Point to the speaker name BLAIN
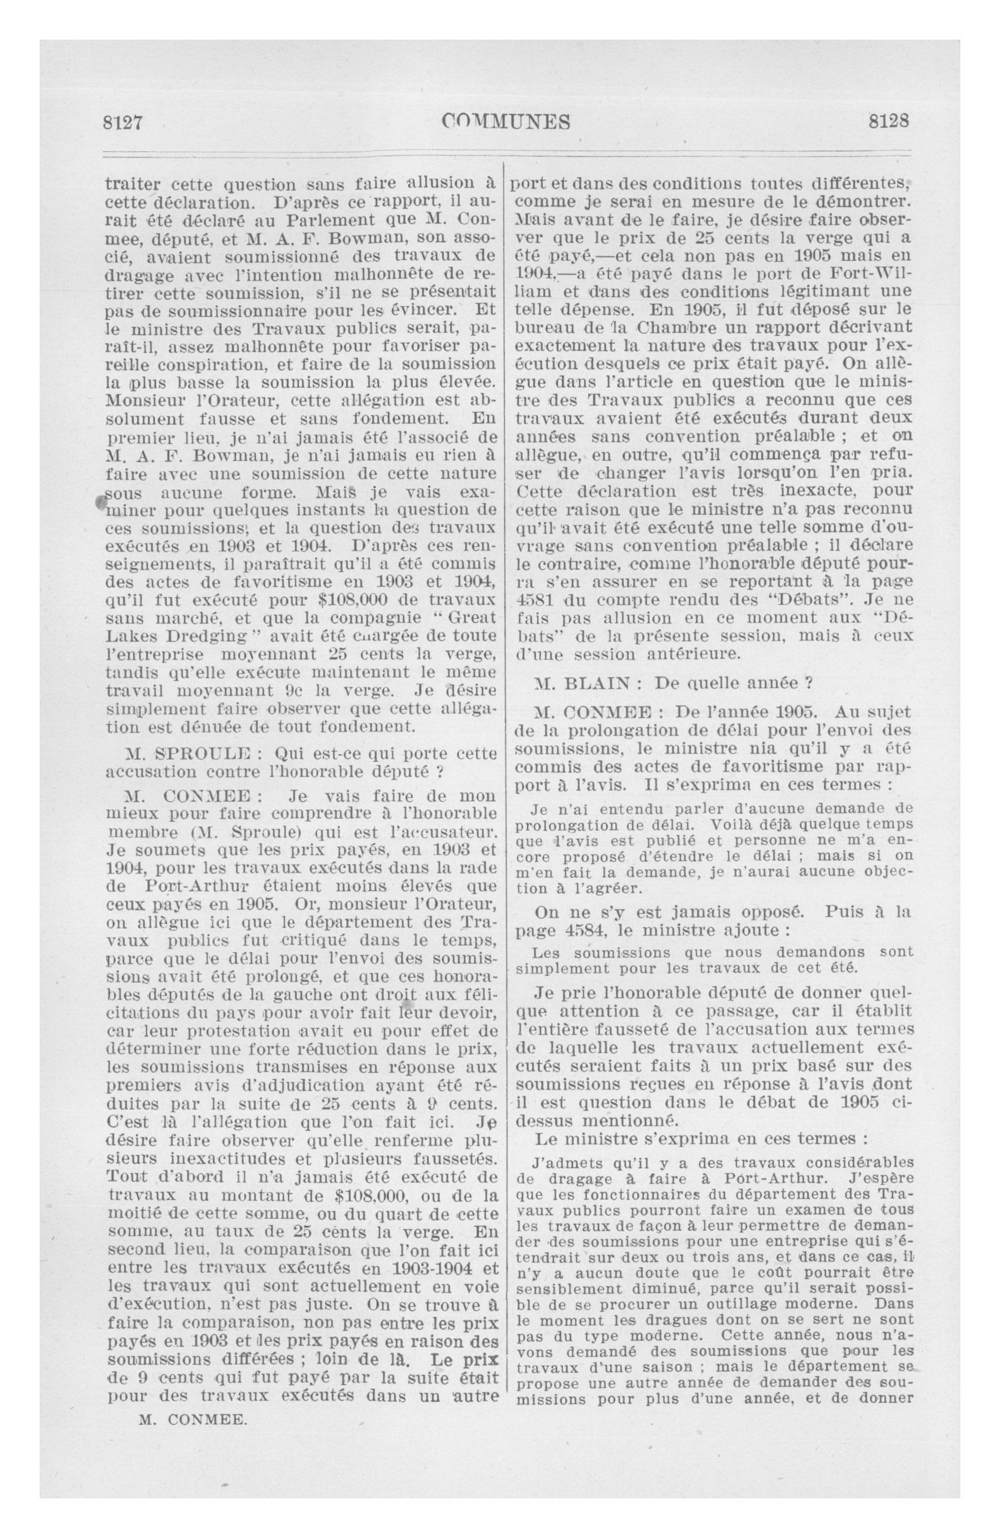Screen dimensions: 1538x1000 coord(595,682)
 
